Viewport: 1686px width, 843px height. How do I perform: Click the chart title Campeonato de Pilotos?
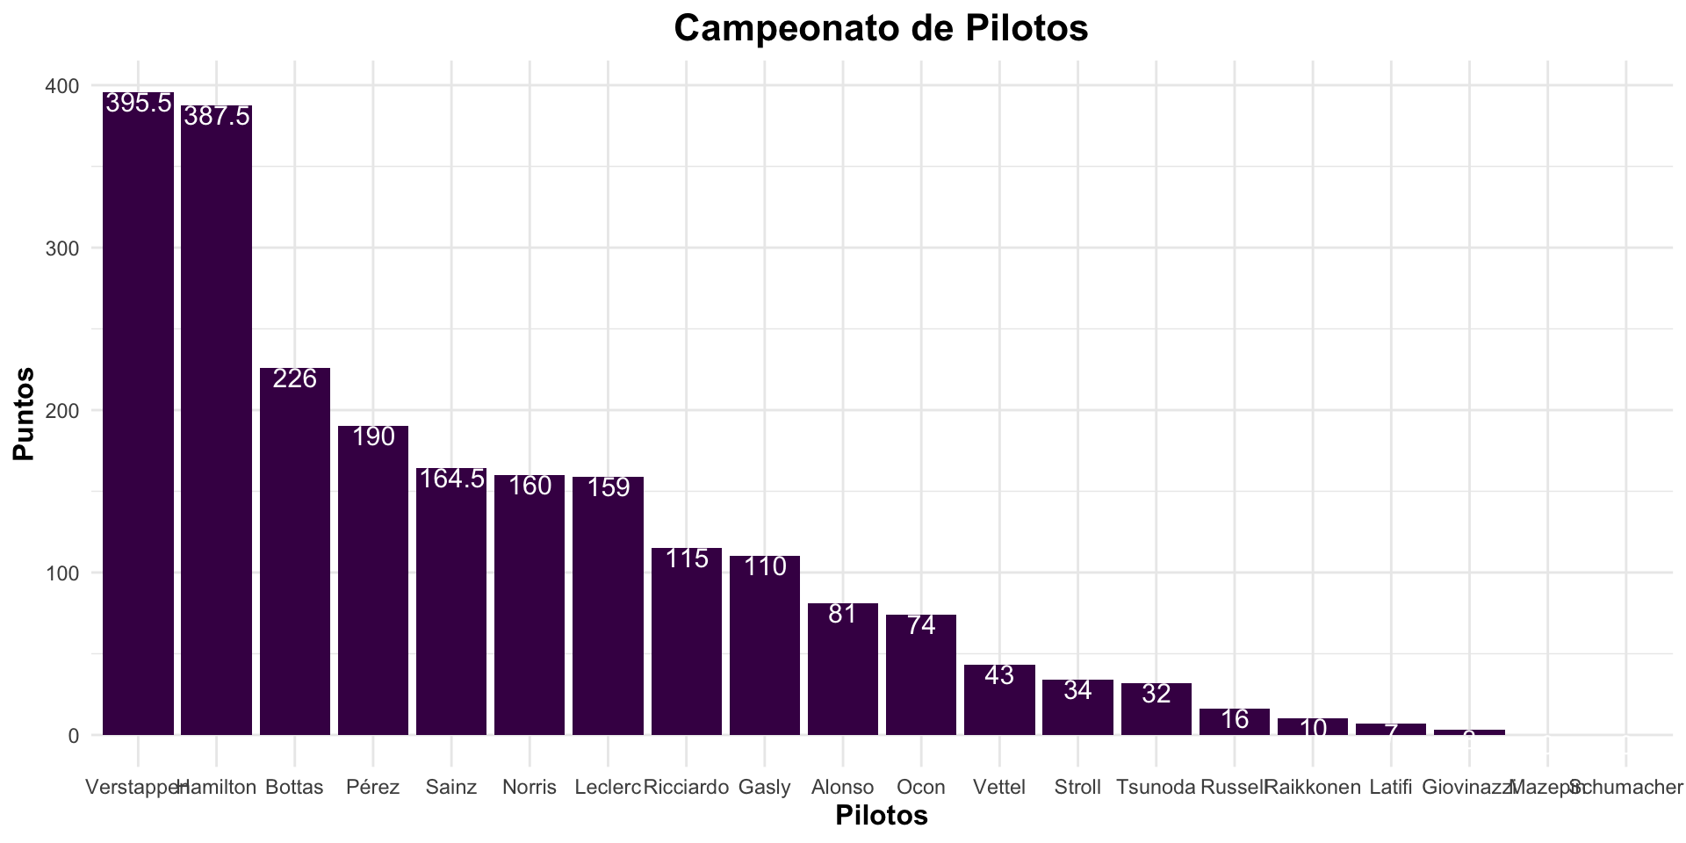[881, 28]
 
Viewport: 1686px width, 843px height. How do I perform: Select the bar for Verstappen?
[138, 413]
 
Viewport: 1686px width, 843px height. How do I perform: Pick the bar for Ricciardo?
[686, 641]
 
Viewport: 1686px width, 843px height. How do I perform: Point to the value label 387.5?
[216, 116]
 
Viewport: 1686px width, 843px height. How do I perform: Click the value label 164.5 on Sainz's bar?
[451, 479]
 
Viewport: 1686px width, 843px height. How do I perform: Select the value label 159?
[608, 487]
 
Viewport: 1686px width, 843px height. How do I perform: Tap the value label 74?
[921, 625]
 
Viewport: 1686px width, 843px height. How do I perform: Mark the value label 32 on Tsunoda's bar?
[1156, 694]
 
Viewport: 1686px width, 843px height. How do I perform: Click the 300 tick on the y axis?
[62, 249]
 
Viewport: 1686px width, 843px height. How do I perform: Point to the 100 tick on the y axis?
[62, 573]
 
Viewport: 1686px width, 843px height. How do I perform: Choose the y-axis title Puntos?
[24, 413]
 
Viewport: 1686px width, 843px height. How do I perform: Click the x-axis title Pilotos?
[881, 816]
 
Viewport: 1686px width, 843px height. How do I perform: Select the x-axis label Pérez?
[373, 787]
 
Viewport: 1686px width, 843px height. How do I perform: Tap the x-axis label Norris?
[530, 787]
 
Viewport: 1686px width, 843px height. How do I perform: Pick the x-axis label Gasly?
[765, 787]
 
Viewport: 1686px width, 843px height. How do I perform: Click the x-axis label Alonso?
[843, 787]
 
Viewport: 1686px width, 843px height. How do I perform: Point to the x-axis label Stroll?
[1077, 787]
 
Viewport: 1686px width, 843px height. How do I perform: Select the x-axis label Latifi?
[1391, 787]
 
